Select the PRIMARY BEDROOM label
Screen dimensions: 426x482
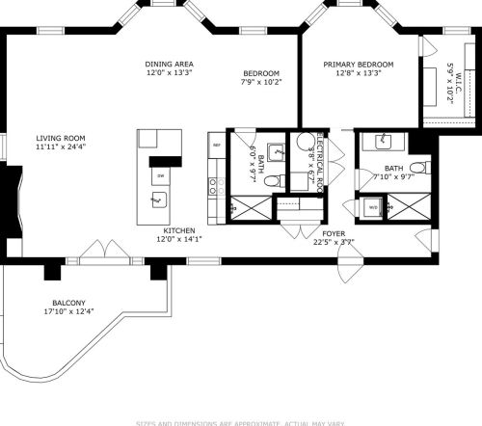359,64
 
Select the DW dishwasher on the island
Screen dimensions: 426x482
160,176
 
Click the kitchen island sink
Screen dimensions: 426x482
159,200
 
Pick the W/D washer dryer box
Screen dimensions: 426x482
372,206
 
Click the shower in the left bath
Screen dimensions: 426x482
251,206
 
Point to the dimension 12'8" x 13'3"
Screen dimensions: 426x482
359,73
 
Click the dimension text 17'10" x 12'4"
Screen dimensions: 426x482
69,310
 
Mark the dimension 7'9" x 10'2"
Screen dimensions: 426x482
261,83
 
